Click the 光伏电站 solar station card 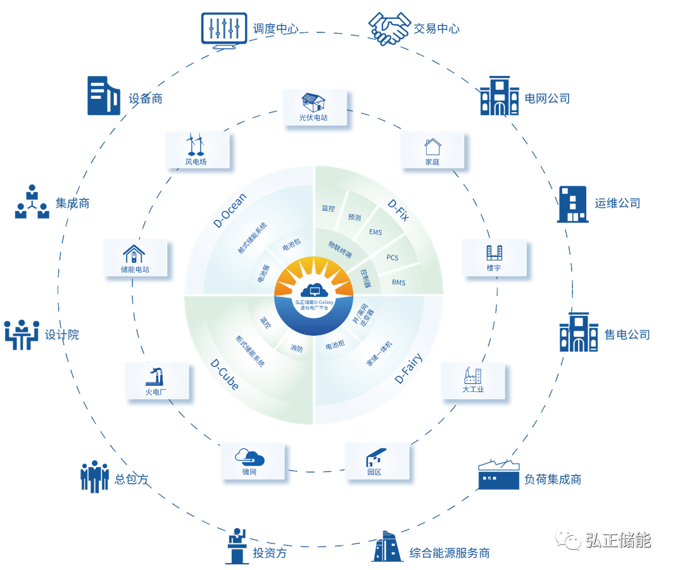[314, 106]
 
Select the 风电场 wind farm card [196, 150]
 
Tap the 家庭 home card [432, 151]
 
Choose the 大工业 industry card [473, 380]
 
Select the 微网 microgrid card [249, 460]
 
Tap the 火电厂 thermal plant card [156, 380]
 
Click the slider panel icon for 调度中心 [222, 28]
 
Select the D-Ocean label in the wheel [230, 210]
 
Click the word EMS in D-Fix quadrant [375, 232]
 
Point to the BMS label [399, 282]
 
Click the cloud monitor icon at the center [314, 291]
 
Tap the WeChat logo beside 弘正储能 [568, 539]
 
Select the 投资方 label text [270, 553]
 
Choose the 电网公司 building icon [500, 96]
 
